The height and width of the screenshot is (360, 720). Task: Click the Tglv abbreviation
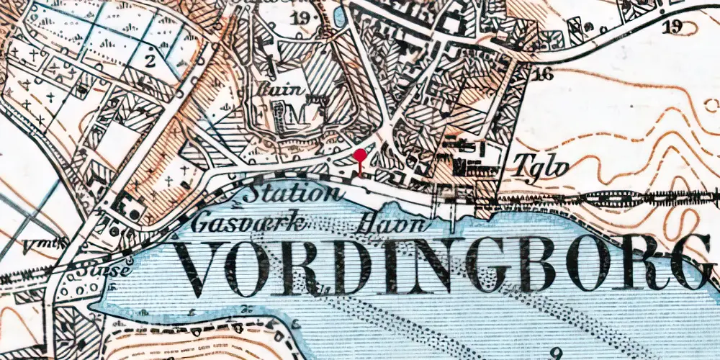coord(542,167)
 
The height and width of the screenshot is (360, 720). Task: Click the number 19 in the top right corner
coord(674,27)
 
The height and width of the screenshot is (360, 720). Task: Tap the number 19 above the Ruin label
coord(300,18)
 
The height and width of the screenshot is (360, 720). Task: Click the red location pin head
coord(361,154)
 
